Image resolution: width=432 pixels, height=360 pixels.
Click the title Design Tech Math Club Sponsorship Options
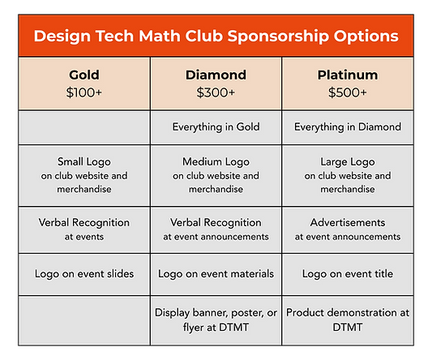click(216, 36)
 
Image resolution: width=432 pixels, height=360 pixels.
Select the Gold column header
click(84, 75)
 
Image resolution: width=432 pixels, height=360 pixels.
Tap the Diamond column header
click(216, 75)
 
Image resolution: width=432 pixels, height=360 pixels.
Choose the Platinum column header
click(347, 75)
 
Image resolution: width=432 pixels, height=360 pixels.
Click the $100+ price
click(84, 92)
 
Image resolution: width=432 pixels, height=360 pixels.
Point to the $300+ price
click(216, 92)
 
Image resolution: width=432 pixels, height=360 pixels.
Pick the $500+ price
click(347, 92)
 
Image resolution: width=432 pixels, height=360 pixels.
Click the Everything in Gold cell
click(216, 126)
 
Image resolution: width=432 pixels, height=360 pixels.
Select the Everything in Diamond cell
click(347, 126)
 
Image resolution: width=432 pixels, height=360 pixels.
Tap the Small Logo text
click(84, 161)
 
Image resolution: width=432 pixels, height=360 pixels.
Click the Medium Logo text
click(216, 161)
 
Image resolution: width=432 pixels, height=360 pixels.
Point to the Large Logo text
click(347, 161)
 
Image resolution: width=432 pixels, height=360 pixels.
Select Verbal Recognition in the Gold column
click(84, 222)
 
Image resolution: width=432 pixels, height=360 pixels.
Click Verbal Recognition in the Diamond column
click(216, 222)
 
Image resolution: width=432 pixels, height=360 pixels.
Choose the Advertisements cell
click(347, 222)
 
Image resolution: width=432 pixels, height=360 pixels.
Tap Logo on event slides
click(84, 274)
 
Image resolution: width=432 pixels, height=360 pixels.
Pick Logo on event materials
click(216, 274)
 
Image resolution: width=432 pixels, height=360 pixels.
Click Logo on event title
click(347, 274)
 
